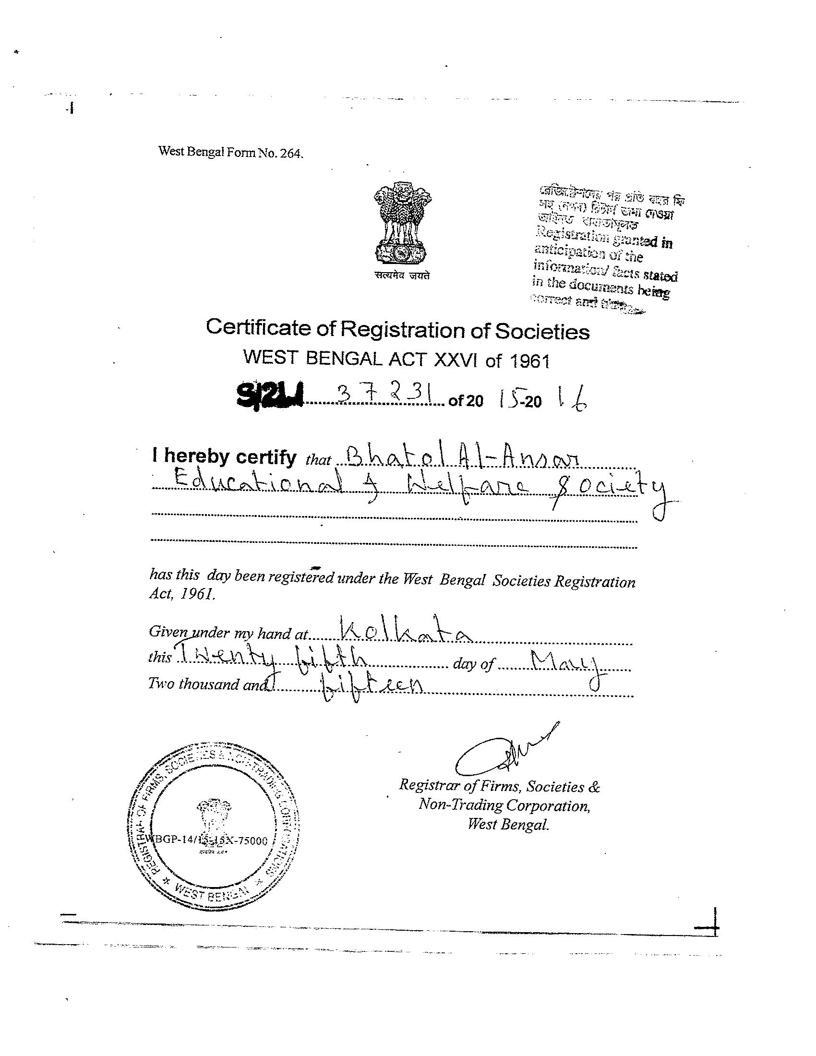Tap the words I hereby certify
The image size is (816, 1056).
(x=224, y=456)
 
